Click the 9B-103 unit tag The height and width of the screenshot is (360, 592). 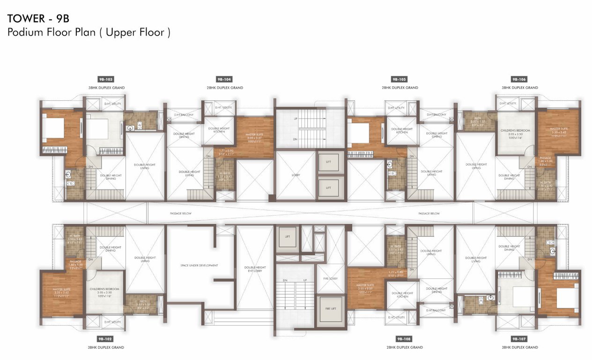pos(105,80)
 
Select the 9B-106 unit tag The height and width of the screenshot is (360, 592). pos(518,80)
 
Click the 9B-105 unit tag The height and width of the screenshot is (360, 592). pos(399,80)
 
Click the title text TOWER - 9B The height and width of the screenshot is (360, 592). pos(38,19)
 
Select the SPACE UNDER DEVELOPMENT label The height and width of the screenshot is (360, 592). pos(199,265)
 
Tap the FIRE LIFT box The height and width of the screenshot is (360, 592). pos(330,308)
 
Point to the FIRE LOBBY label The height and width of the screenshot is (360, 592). pos(330,278)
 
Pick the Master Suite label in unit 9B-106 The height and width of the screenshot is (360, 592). pos(558,129)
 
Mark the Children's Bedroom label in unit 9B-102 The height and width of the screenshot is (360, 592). pos(104,289)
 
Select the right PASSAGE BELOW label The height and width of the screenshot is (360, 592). pos(429,213)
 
